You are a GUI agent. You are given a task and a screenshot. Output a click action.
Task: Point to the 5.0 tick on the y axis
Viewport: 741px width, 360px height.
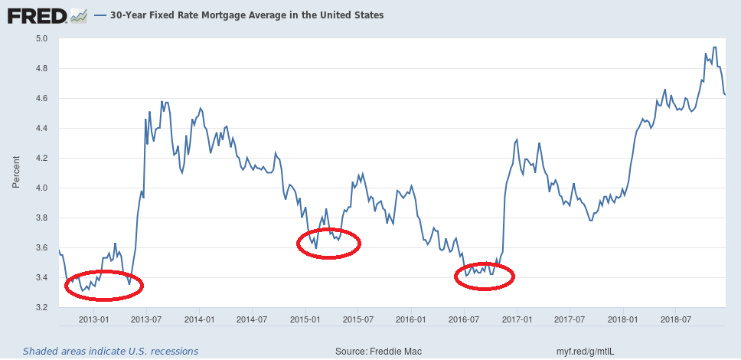click(41, 38)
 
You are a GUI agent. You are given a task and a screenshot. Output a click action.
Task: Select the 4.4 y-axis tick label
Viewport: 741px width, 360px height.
click(41, 128)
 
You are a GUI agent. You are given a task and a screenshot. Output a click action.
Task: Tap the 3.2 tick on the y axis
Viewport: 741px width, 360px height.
click(41, 308)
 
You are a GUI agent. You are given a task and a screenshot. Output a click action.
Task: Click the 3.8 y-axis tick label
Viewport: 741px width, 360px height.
click(41, 218)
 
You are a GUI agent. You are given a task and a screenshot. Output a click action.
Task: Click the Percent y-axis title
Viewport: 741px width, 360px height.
click(15, 172)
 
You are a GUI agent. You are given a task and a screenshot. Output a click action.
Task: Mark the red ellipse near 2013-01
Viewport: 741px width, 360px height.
click(104, 286)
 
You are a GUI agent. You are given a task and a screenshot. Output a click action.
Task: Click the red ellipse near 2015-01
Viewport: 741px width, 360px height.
click(328, 244)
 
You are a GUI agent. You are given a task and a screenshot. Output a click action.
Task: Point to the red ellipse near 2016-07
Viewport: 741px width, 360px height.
click(485, 277)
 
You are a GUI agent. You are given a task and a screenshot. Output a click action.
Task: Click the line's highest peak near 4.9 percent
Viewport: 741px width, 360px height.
click(714, 47)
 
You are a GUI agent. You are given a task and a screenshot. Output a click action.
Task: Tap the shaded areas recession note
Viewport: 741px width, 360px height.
click(110, 351)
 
